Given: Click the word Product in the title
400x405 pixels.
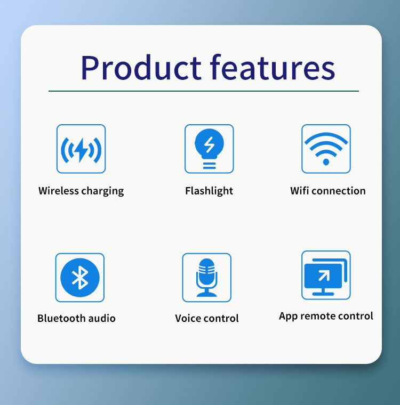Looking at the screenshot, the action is click(x=141, y=68).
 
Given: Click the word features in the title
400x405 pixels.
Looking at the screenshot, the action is click(x=273, y=67).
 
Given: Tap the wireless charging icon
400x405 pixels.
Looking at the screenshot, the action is click(x=81, y=149).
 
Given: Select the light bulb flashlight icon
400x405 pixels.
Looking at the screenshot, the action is click(x=209, y=149).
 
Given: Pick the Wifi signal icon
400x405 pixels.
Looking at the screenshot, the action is click(x=326, y=149).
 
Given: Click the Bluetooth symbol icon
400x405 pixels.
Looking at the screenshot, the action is click(x=80, y=278).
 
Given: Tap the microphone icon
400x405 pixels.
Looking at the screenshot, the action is click(x=206, y=278).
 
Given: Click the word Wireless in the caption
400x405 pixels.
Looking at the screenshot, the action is click(x=59, y=191).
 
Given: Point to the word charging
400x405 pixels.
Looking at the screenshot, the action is click(x=102, y=191).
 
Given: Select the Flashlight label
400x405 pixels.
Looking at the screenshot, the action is click(x=209, y=191).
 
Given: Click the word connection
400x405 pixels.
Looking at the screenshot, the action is click(x=339, y=191).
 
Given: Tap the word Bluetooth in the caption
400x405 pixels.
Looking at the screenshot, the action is click(x=61, y=318).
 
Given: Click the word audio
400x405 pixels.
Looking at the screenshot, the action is click(x=102, y=318).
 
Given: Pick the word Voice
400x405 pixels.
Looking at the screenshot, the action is click(x=189, y=318).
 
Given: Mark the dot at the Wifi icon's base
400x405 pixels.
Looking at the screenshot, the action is click(x=326, y=162).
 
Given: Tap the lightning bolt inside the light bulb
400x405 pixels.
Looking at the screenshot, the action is click(x=210, y=144).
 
